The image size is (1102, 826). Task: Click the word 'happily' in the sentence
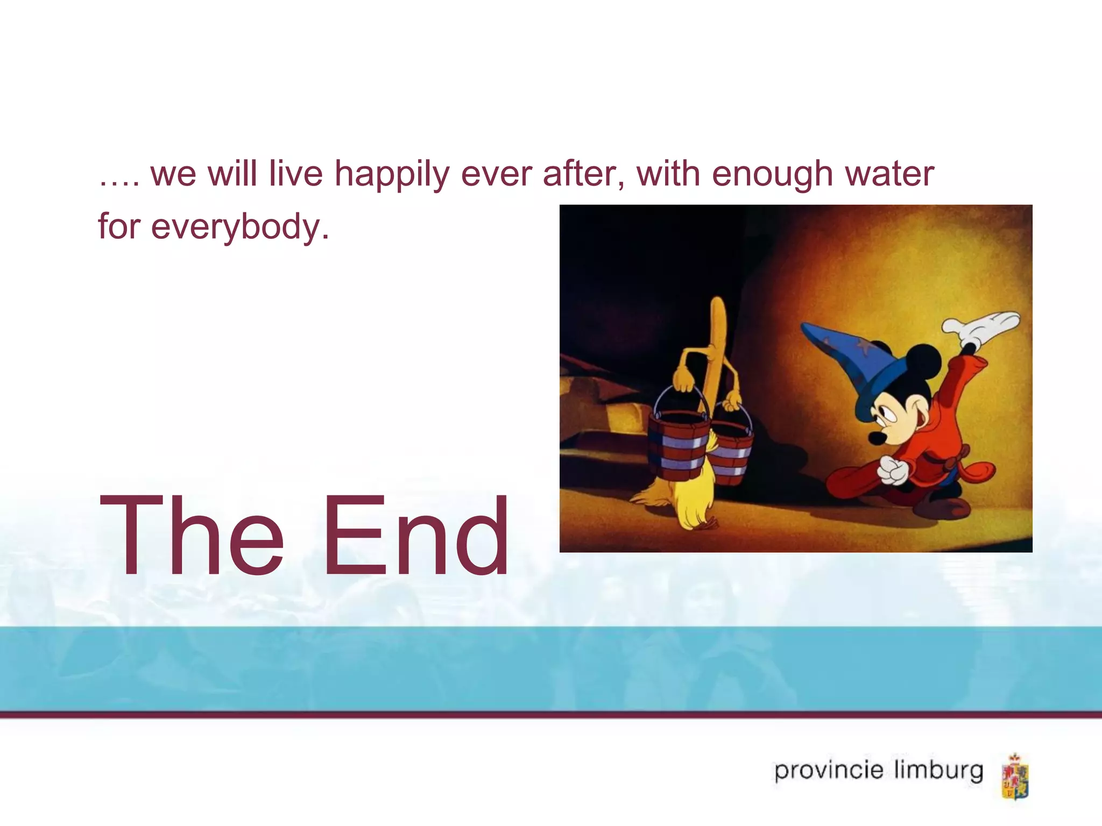coord(391,175)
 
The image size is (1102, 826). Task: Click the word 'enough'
coord(773,175)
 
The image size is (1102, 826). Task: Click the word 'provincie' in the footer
coord(829,771)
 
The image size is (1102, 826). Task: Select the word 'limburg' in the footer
coord(938,771)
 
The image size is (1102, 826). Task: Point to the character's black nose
coord(876,438)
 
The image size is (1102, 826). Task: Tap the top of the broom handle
coord(718,307)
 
